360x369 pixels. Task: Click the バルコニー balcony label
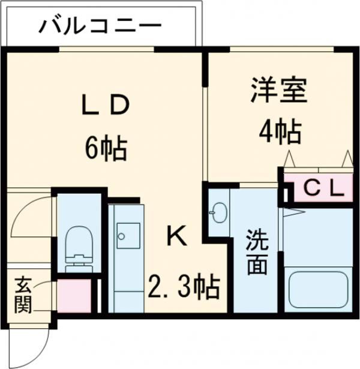click(100, 26)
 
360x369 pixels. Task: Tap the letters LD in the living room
click(106, 105)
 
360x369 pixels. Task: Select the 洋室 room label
click(279, 90)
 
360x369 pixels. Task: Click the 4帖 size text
click(280, 132)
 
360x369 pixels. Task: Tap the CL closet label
click(323, 189)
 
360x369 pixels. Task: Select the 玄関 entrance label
click(23, 295)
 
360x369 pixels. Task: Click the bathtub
click(319, 290)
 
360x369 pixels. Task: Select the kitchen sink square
click(128, 236)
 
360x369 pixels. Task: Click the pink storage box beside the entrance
click(74, 296)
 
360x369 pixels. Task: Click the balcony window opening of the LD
click(106, 49)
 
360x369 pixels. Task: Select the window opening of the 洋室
click(281, 49)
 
